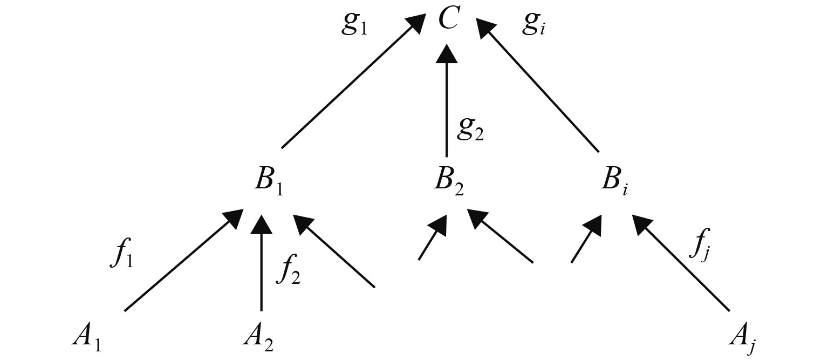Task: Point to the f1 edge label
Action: (122, 256)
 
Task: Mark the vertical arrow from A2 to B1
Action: (262, 264)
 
